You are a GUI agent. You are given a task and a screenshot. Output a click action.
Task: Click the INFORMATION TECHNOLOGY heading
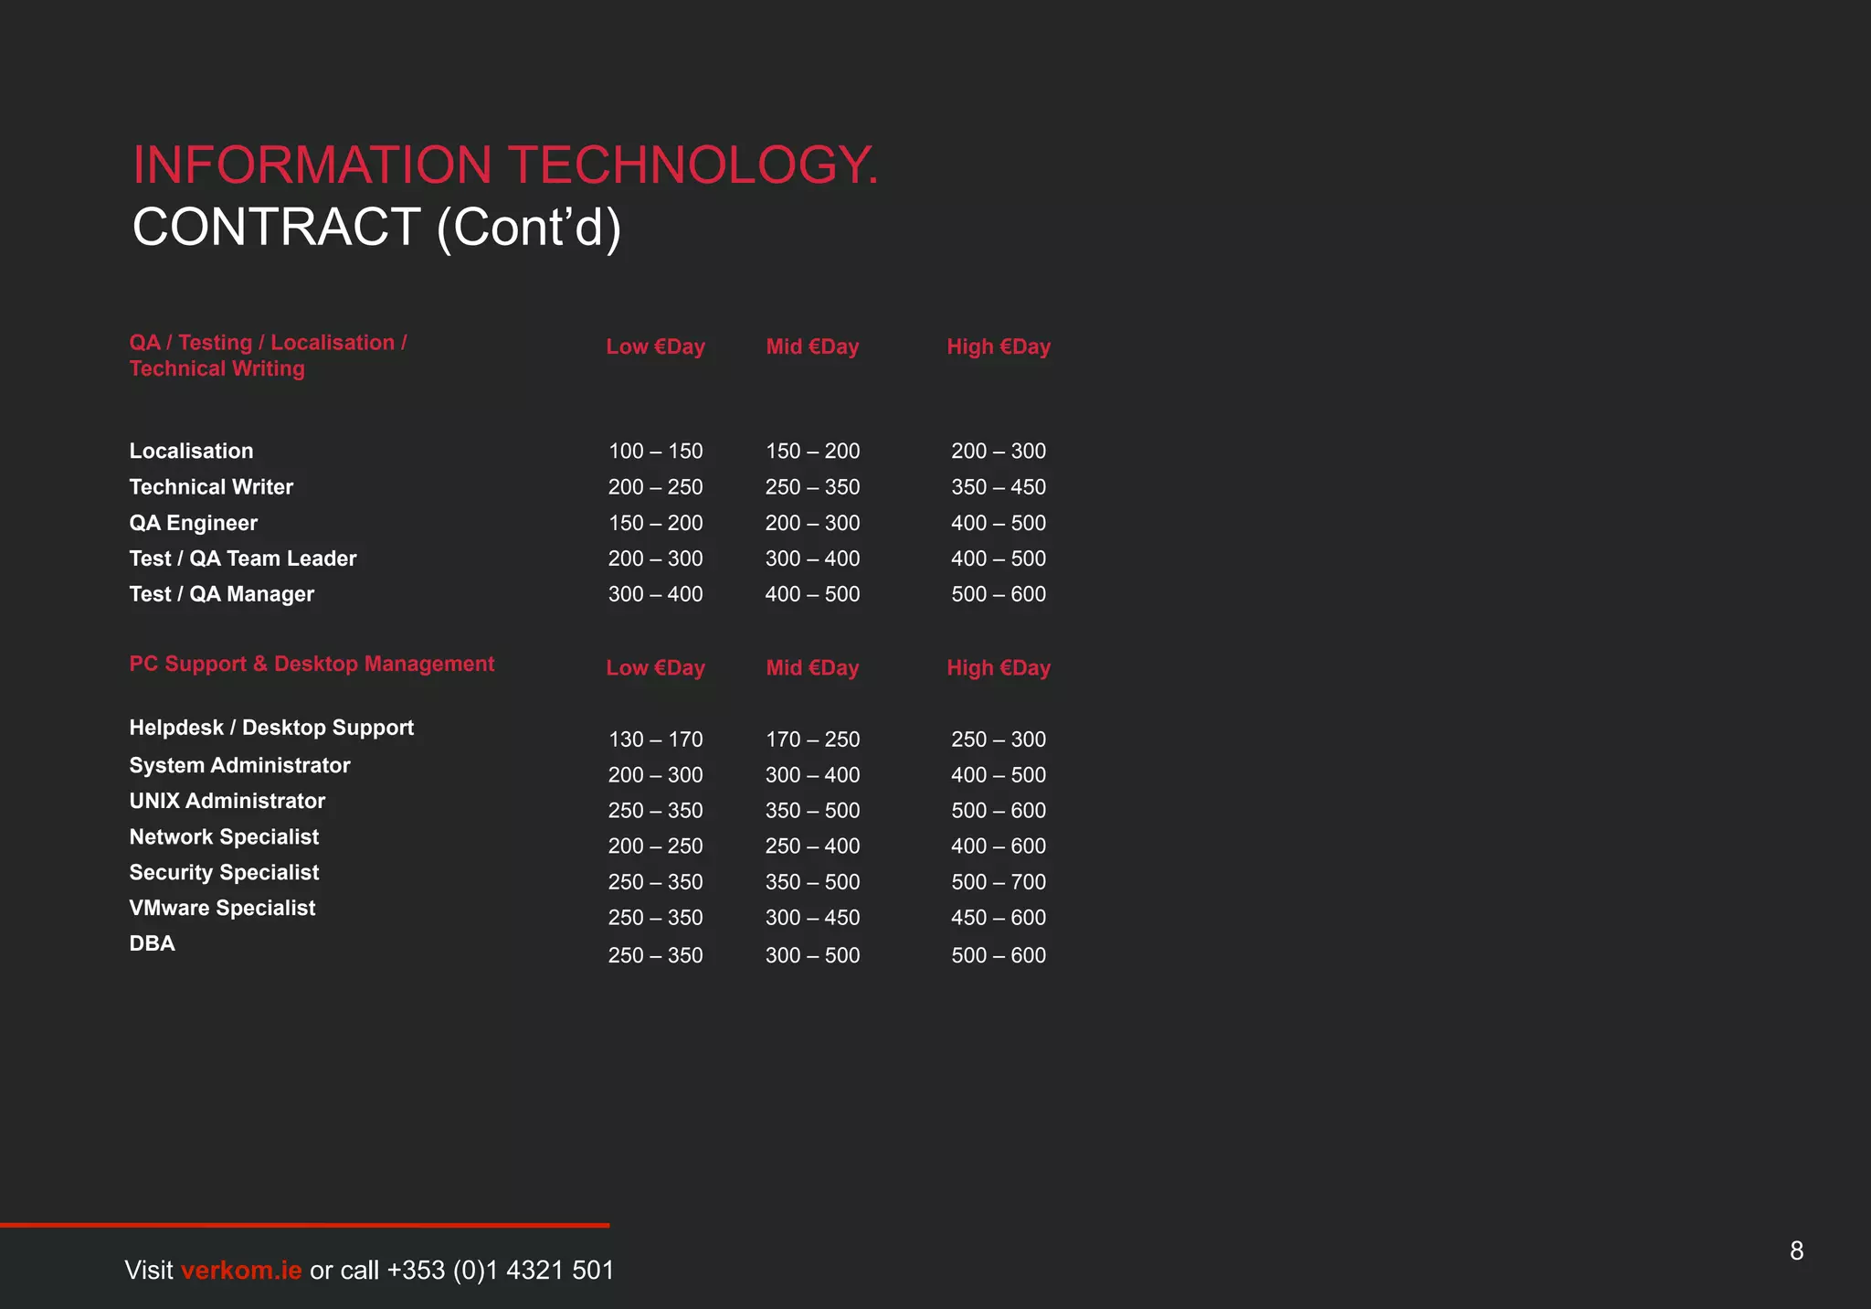point(505,165)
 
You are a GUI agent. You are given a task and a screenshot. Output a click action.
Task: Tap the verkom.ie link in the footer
point(241,1270)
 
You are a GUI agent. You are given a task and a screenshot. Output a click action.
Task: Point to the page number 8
point(1796,1250)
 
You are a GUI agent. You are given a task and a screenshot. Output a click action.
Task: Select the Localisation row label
point(191,451)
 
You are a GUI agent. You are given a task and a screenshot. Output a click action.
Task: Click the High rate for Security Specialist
point(998,882)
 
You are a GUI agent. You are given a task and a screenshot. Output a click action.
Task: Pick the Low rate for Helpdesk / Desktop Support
point(655,739)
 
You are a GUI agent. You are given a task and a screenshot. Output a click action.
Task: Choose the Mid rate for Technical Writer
point(812,487)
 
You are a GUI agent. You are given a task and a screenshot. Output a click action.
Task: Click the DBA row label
point(152,943)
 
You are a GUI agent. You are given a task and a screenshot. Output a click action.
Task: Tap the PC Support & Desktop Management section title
point(312,664)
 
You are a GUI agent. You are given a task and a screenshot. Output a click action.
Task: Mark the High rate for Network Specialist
point(998,846)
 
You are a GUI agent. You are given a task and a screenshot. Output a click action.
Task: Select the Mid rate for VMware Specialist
point(812,918)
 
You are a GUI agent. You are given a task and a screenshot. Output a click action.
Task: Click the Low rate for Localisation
point(655,451)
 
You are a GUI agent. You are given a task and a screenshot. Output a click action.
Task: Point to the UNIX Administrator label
point(227,801)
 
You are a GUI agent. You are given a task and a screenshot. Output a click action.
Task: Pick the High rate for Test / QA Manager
point(998,594)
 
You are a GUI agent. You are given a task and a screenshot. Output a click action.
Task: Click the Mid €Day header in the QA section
point(812,346)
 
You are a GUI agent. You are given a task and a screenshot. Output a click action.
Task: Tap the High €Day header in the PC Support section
point(998,668)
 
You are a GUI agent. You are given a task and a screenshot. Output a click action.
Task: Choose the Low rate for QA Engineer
point(655,523)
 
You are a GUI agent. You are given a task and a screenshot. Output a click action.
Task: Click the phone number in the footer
point(501,1270)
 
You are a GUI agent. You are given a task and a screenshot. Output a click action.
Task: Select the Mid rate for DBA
point(812,955)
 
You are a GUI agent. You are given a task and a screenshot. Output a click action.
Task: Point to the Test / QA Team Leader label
point(242,559)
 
